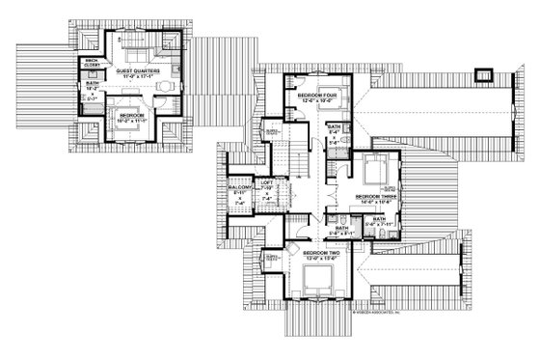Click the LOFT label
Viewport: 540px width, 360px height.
pyautogui.click(x=267, y=181)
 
